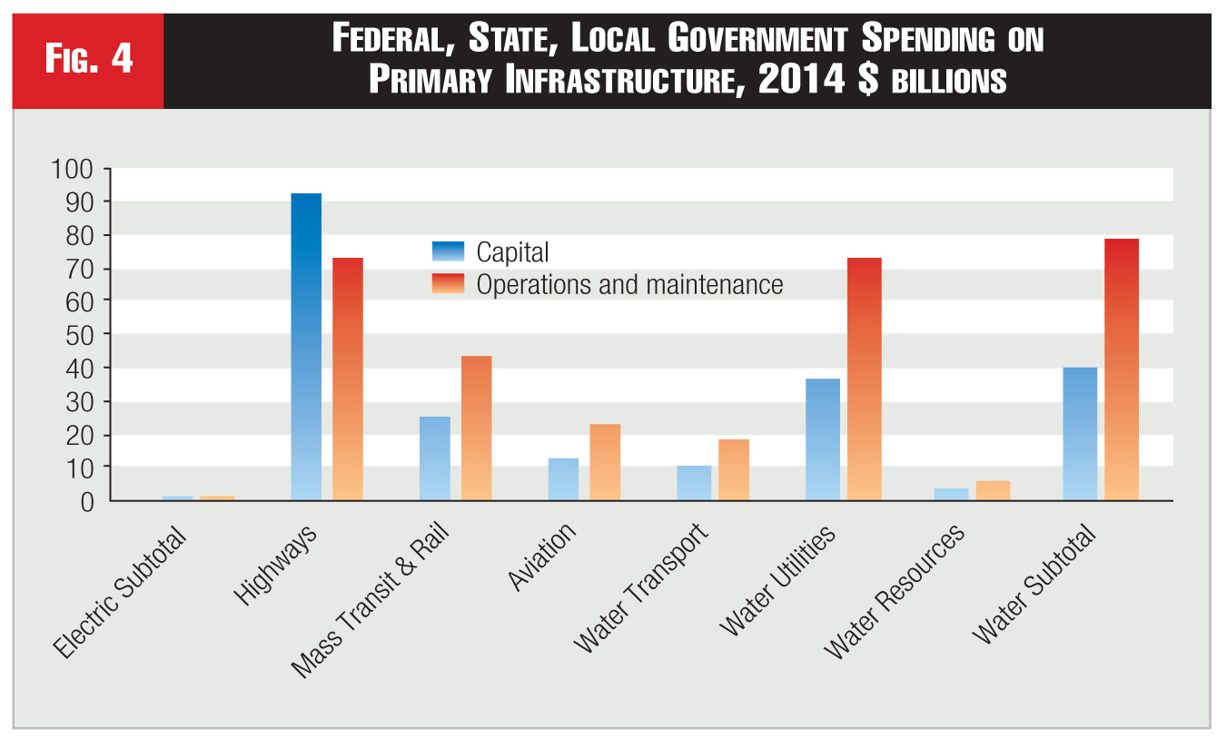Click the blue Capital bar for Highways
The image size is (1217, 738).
tap(306, 346)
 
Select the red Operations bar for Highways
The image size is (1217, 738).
tap(348, 379)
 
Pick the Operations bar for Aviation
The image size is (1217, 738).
tap(605, 462)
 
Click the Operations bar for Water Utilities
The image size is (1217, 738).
tap(863, 379)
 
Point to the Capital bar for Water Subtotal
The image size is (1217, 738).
tap(1080, 434)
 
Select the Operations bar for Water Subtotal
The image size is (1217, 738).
tap(1122, 369)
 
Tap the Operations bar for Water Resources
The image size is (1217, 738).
tap(994, 490)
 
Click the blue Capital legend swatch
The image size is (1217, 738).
tap(448, 251)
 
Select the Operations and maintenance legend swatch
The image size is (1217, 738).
tap(448, 284)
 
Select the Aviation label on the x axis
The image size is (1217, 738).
tap(543, 556)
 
